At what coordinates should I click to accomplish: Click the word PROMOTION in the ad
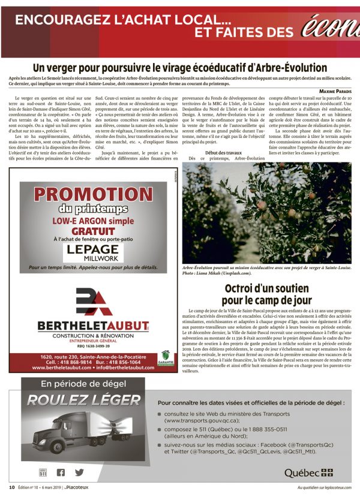(x=93, y=194)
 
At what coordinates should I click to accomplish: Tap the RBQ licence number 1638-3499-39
(x=93, y=346)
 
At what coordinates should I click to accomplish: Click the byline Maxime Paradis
(x=334, y=91)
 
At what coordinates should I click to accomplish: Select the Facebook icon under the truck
(x=61, y=472)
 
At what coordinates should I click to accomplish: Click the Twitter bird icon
(x=79, y=472)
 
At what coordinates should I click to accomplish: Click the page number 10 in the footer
(x=12, y=487)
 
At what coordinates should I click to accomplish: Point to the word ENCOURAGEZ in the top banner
(x=67, y=20)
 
